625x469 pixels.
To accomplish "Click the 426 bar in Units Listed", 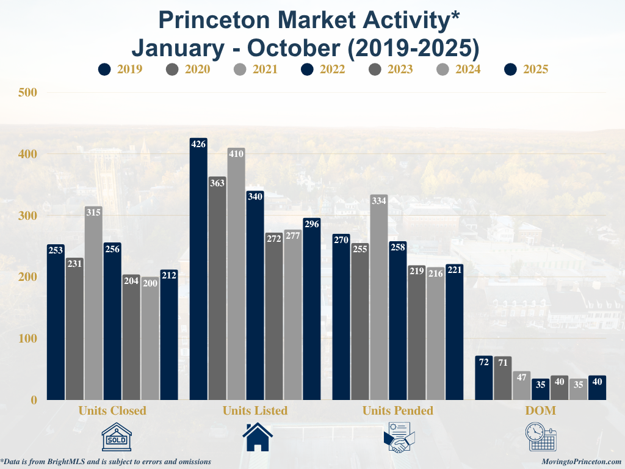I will tap(198, 269).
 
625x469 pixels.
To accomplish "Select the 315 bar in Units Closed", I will tap(93, 303).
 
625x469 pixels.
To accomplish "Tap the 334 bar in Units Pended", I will tap(378, 297).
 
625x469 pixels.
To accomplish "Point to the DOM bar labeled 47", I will tap(521, 385).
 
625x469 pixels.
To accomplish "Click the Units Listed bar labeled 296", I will tap(312, 308).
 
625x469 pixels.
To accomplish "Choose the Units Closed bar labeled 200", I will tap(150, 338).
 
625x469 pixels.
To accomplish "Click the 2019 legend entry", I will tap(120, 69).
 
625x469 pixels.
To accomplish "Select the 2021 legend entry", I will tap(256, 69).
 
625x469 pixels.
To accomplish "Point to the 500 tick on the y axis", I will tap(28, 92).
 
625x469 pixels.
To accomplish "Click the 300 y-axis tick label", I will tap(28, 216).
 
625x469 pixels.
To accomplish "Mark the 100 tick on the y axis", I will tap(28, 338).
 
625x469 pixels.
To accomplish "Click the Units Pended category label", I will tap(397, 410).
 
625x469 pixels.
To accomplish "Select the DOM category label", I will tap(541, 410).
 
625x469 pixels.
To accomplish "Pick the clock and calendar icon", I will tap(541, 437).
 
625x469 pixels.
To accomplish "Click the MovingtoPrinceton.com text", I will tap(581, 462).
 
